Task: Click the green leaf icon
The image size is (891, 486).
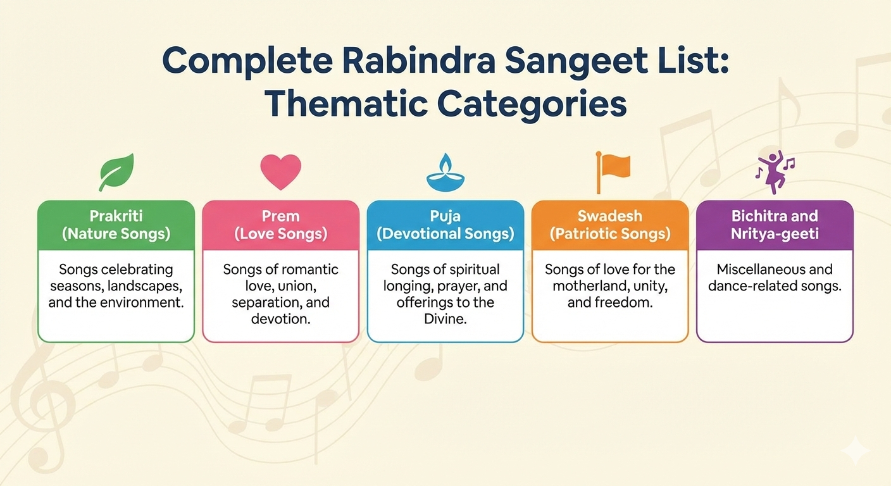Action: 116,171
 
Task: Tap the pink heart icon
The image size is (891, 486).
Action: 280,171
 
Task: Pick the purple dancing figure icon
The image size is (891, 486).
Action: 774,171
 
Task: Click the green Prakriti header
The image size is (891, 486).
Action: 116,225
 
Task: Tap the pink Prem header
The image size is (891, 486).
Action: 280,225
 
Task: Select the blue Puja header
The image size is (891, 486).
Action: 445,225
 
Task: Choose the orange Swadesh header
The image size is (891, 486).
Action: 609,225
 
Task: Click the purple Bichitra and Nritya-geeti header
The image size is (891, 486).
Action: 775,225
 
